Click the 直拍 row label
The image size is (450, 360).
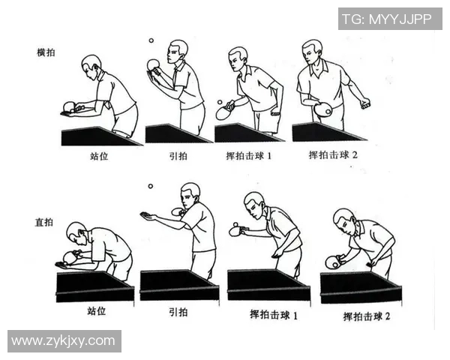[x=46, y=223]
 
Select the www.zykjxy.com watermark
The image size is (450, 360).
[x=63, y=341]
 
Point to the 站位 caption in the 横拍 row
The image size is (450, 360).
[x=100, y=158]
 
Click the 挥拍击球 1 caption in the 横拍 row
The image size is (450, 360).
[x=253, y=157]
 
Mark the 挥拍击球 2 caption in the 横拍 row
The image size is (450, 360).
[x=334, y=155]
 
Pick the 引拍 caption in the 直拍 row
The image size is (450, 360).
[x=178, y=311]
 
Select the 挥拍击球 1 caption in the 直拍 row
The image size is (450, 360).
[x=273, y=315]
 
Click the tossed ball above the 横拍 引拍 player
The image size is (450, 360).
[x=151, y=42]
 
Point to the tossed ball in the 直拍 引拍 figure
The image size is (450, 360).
[x=150, y=186]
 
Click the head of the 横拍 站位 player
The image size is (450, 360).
[x=91, y=64]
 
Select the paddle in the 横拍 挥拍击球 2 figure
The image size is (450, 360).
[x=323, y=109]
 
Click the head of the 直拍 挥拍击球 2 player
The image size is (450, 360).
[x=343, y=220]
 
